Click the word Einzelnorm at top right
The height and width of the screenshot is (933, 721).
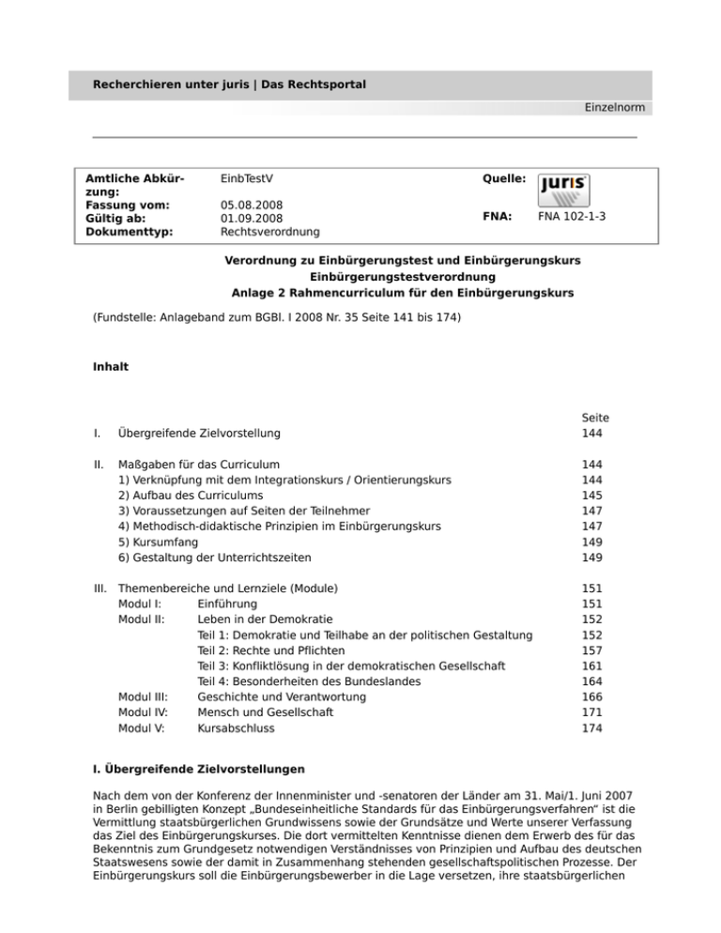[613, 108]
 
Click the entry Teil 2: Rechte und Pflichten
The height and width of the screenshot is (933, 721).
[271, 650]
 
